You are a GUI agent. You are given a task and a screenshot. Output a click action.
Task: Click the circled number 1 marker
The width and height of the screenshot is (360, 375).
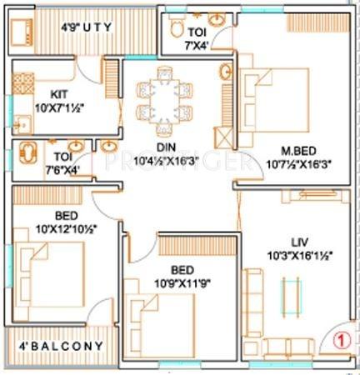339,339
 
